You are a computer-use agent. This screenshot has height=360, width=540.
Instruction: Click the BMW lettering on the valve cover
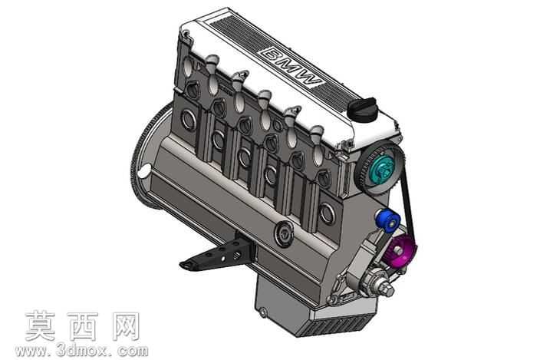[x=291, y=67]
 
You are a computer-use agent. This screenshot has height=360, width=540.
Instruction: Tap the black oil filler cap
[x=362, y=109]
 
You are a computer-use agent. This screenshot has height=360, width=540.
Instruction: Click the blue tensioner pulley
[x=388, y=220]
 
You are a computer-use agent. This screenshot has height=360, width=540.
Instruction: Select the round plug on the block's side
[x=284, y=234]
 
